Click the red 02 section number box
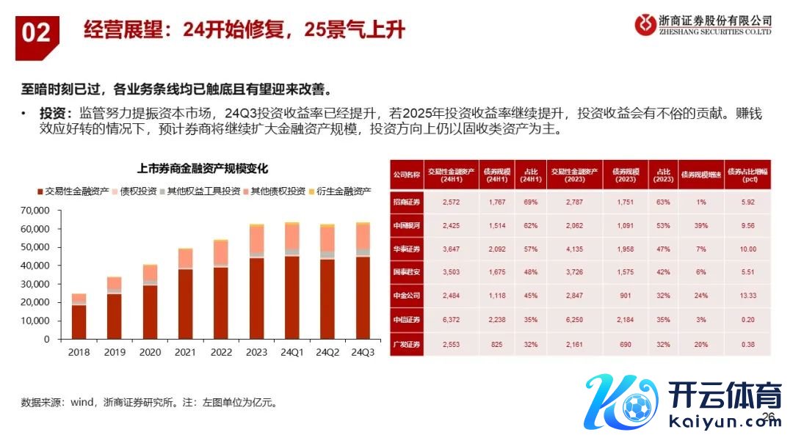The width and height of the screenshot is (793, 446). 36,33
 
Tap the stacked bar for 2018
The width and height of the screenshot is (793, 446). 79,316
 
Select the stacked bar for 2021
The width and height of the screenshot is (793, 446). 186,294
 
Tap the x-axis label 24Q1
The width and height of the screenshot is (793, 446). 292,352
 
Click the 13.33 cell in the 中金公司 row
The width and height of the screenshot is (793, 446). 747,296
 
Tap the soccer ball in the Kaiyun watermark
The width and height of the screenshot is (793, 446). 633,404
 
